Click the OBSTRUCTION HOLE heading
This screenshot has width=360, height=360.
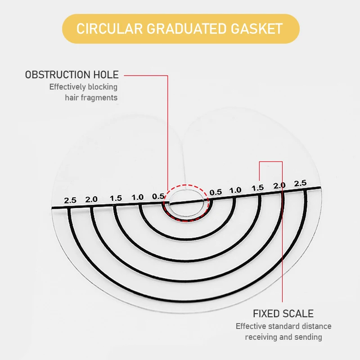click(x=72, y=75)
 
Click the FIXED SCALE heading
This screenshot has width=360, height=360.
click(x=283, y=314)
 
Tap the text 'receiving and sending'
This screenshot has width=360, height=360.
click(x=283, y=337)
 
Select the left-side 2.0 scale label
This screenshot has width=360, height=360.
click(x=92, y=199)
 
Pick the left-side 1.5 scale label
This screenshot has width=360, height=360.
click(x=116, y=198)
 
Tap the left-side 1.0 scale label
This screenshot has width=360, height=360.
click(x=137, y=197)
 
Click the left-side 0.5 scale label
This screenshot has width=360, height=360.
click(x=158, y=196)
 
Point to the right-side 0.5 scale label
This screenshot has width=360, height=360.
click(x=216, y=192)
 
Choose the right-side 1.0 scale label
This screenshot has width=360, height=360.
click(x=235, y=190)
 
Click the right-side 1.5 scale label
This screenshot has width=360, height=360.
click(x=257, y=188)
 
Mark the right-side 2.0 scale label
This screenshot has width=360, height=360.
click(x=279, y=185)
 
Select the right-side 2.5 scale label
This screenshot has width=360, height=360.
click(x=300, y=184)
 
